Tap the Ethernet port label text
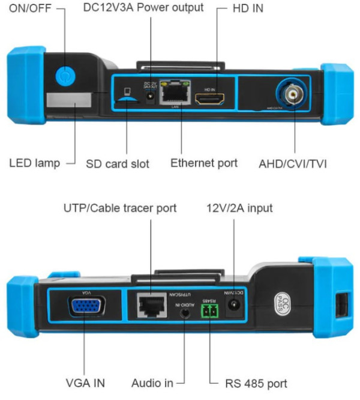(204, 162)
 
